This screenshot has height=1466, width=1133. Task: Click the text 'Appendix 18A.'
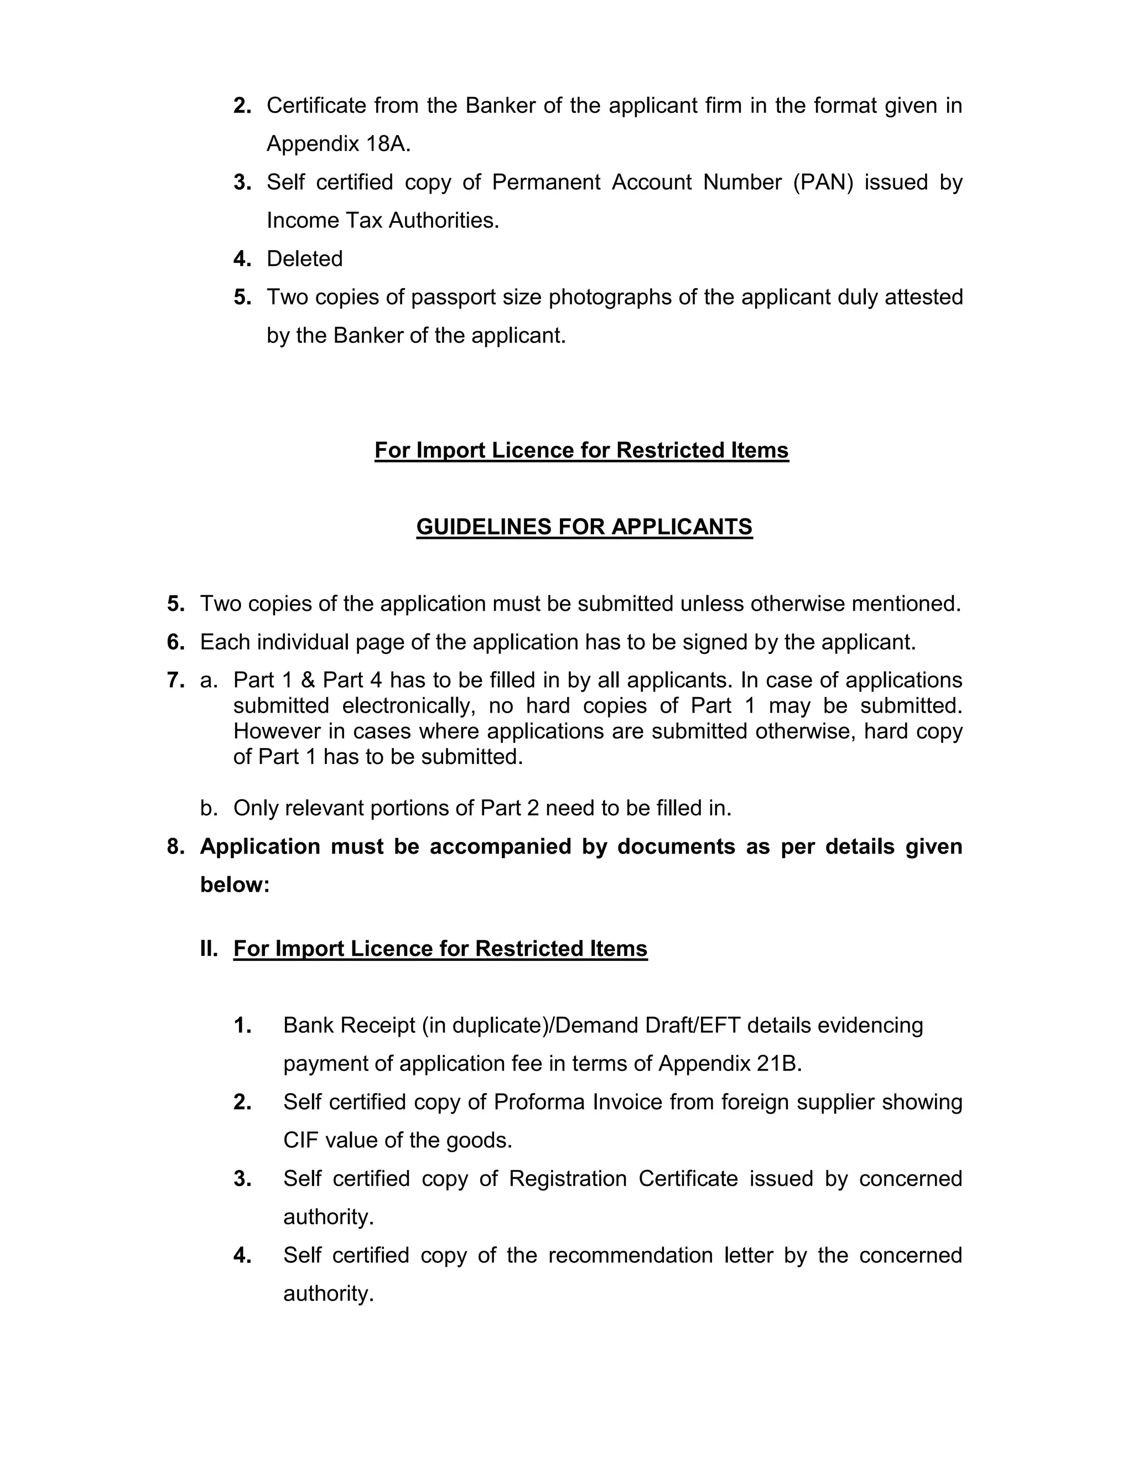tap(338, 144)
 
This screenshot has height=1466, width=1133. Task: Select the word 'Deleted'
tap(305, 258)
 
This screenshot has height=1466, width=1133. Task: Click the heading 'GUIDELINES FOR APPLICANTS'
tap(584, 527)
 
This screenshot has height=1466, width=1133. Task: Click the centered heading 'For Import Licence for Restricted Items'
tap(581, 450)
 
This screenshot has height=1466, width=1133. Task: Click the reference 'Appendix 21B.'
tap(730, 1063)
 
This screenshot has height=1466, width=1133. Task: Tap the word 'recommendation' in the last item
tap(630, 1255)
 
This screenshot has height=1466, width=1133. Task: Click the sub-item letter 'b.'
tap(209, 808)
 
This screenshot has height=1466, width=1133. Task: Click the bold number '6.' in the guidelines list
tap(176, 642)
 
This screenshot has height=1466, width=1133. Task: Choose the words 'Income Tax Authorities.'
tap(383, 220)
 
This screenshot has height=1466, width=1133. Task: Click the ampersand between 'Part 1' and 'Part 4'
tap(308, 680)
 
